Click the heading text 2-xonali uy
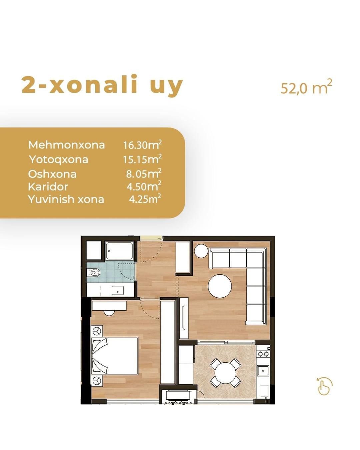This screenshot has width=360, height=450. (x=102, y=85)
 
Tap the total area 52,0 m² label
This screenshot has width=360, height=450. (x=306, y=87)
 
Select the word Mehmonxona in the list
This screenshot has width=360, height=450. (x=67, y=145)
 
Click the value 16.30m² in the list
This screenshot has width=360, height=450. (x=142, y=145)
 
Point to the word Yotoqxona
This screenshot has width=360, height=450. (x=59, y=159)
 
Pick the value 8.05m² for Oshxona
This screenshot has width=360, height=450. (x=143, y=174)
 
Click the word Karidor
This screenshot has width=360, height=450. (x=48, y=187)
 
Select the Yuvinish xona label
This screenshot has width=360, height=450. (x=66, y=199)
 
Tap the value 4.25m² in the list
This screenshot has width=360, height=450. (x=145, y=199)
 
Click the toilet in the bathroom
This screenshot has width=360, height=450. (x=94, y=272)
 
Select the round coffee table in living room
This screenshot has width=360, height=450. (x=220, y=286)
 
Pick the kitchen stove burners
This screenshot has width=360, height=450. (x=263, y=354)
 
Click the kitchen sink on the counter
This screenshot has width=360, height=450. (x=263, y=371)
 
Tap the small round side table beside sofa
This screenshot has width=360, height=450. (x=201, y=251)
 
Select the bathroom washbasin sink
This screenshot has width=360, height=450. (x=118, y=290)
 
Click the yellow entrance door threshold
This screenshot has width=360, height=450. (x=151, y=238)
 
